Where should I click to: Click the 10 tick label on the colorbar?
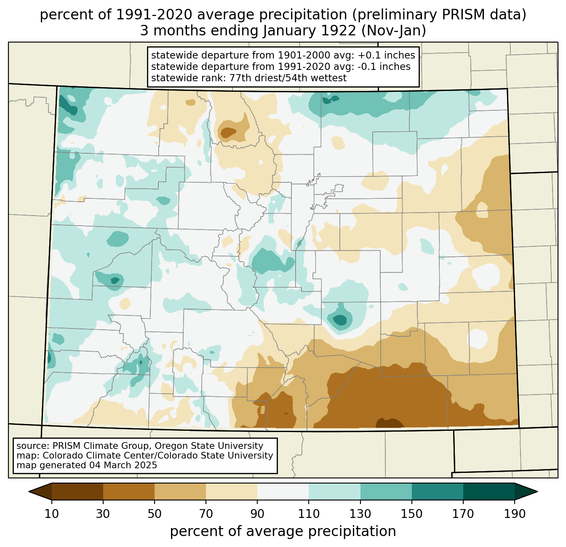click(52, 514)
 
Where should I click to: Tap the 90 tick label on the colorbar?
click(257, 514)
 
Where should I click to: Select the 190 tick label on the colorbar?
click(515, 514)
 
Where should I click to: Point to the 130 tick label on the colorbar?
click(360, 514)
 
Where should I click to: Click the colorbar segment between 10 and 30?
click(77, 491)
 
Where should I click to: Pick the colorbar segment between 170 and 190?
click(489, 491)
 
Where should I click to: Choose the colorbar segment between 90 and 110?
click(283, 491)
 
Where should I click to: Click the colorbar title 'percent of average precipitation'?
click(283, 531)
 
